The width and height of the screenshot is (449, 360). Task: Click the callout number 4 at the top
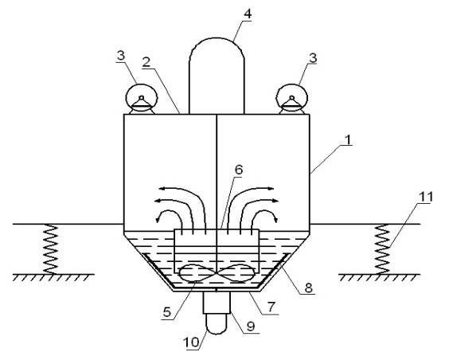coord(248,14)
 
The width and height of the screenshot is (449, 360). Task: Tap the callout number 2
coord(146,62)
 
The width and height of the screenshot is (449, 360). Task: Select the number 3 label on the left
coord(121,56)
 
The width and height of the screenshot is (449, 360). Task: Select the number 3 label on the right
coord(313,58)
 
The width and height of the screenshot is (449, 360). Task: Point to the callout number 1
coord(348,140)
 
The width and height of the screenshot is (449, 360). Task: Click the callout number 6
coord(239,170)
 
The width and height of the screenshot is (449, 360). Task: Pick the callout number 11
coord(426,197)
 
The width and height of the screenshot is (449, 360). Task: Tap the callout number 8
coord(308,288)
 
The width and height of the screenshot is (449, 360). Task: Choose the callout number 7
coord(271,307)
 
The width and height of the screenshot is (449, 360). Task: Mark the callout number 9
coord(251,327)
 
